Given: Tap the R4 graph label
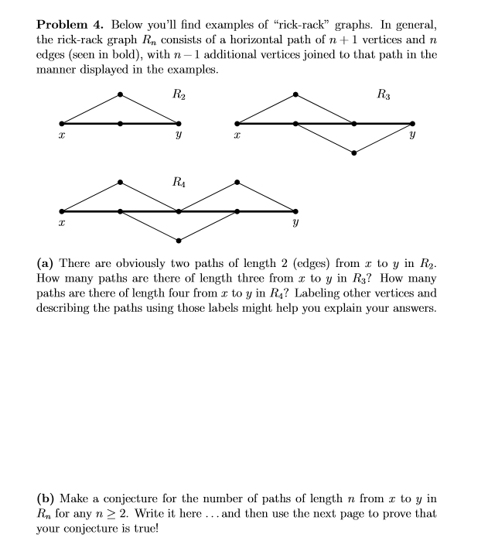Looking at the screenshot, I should (179, 183).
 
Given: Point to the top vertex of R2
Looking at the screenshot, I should (120, 94).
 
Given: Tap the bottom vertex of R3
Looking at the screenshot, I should (354, 152).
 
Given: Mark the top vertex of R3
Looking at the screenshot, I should (295, 94).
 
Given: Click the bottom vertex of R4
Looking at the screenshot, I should (179, 240).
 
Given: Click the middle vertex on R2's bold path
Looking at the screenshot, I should (121, 123).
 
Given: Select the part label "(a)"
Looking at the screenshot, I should (46, 264).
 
